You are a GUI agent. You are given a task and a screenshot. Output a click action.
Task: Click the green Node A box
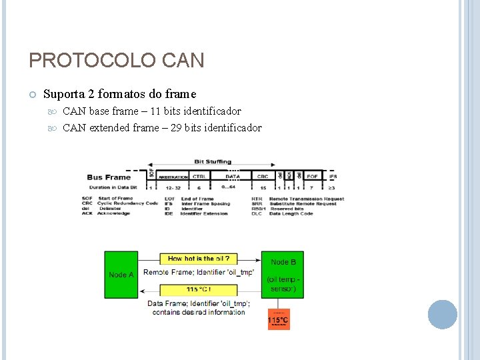pyautogui.click(x=121, y=275)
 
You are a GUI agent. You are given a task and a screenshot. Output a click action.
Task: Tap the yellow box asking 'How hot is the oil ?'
pyautogui.click(x=199, y=259)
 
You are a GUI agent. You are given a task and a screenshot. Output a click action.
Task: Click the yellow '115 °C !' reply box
pyautogui.click(x=199, y=289)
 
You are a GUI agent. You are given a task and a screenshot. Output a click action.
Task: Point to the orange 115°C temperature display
pyautogui.click(x=278, y=320)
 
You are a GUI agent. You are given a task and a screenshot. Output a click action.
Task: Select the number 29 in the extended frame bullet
pyautogui.click(x=177, y=128)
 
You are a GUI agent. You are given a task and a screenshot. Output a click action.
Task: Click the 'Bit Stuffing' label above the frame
pyautogui.click(x=213, y=161)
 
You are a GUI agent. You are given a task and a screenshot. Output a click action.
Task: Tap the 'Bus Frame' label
pyautogui.click(x=109, y=177)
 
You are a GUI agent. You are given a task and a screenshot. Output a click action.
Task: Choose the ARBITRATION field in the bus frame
pyautogui.click(x=173, y=177)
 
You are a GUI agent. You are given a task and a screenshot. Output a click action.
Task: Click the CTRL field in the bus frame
pyautogui.click(x=199, y=177)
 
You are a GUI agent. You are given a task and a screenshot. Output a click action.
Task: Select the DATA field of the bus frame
pyautogui.click(x=233, y=177)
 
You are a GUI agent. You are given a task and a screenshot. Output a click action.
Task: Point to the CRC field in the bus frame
pyautogui.click(x=263, y=177)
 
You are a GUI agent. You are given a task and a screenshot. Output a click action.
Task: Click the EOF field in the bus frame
pyautogui.click(x=312, y=177)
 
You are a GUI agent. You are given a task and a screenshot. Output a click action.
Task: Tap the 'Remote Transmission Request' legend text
pyautogui.click(x=307, y=199)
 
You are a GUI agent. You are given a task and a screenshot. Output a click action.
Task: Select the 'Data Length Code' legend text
pyautogui.click(x=291, y=213)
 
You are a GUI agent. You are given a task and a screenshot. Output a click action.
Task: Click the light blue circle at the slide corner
pyautogui.click(x=442, y=315)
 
